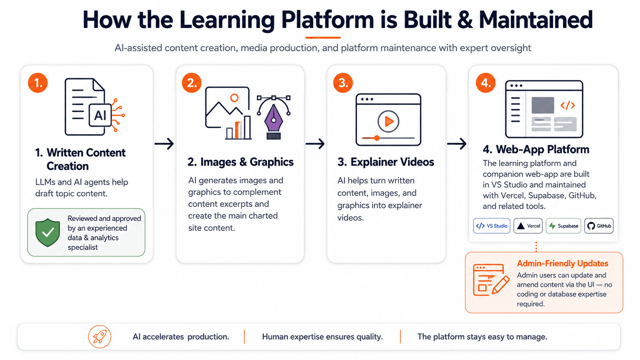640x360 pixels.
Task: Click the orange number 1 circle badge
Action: tap(38, 83)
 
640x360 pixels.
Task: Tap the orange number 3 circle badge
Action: tap(343, 83)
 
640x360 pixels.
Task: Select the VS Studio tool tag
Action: tap(491, 226)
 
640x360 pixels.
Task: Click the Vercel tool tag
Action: tap(528, 226)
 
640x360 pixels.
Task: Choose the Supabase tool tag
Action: tap(563, 226)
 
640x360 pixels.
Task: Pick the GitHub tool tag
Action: tap(599, 226)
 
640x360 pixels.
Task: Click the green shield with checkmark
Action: tap(48, 232)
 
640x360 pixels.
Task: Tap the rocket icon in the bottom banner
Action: tap(100, 337)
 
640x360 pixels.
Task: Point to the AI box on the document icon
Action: tap(100, 115)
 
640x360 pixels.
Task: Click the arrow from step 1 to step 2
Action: tap(164, 143)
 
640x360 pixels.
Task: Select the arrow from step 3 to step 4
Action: tap(457, 143)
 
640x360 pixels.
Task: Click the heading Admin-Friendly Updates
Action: tap(562, 263)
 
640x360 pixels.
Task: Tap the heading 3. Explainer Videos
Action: tap(385, 162)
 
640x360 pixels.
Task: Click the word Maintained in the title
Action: tap(536, 20)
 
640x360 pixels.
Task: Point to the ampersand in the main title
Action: tap(465, 20)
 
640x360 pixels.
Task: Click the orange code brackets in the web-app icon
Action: tap(567, 105)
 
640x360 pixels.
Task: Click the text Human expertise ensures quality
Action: tap(322, 337)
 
